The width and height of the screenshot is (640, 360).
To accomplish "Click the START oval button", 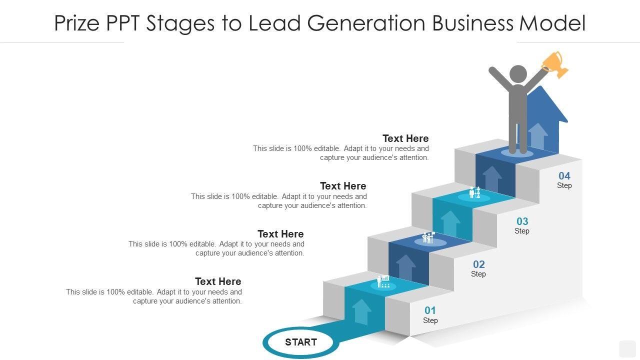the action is click(x=300, y=342).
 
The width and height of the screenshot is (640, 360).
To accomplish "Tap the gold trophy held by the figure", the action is click(x=555, y=64).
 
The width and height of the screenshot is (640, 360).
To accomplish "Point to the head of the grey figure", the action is click(x=517, y=74).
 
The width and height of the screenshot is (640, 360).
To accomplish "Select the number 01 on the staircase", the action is click(x=430, y=310).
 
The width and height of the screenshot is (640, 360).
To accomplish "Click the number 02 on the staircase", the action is click(x=478, y=264).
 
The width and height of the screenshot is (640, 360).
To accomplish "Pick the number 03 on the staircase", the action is click(x=522, y=221).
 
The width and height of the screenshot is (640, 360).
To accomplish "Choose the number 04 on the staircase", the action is click(x=564, y=175).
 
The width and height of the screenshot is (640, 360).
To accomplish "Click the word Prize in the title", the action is click(x=77, y=23).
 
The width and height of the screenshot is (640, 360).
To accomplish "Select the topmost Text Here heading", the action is click(x=405, y=138).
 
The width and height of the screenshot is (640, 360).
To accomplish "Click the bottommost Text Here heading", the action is click(x=218, y=281).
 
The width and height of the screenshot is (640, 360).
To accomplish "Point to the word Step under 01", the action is click(x=430, y=320).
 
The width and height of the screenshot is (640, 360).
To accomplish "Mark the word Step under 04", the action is click(x=564, y=185).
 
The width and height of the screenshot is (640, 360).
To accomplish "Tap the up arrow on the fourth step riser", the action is click(x=492, y=179).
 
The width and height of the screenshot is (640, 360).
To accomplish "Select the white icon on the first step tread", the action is click(x=383, y=281).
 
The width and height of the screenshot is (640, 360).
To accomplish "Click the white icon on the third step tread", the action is click(x=474, y=192).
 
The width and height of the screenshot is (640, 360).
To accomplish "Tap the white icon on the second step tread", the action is click(x=428, y=237).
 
